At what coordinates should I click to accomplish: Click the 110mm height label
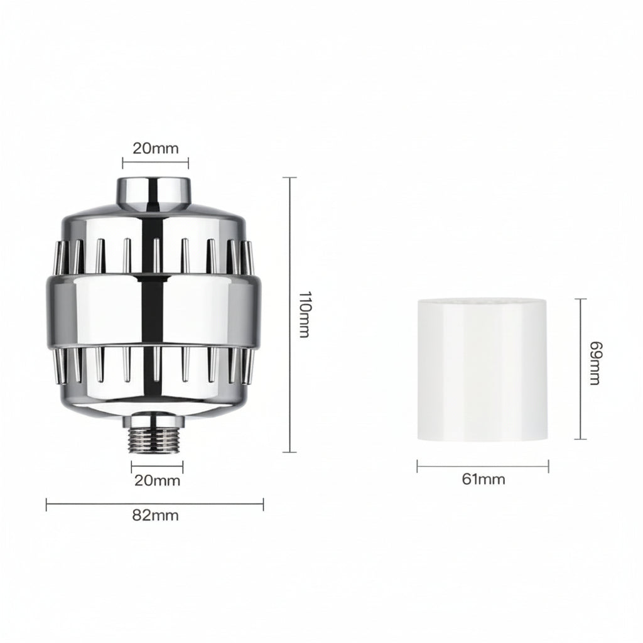(x=303, y=314)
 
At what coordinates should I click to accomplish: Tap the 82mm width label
(x=155, y=516)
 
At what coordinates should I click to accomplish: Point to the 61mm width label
(x=484, y=480)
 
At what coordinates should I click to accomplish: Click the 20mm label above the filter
(x=155, y=148)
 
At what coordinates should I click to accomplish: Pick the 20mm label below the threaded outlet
(x=157, y=481)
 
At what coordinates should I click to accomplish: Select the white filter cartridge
(x=482, y=369)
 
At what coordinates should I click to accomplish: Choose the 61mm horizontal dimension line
(x=482, y=466)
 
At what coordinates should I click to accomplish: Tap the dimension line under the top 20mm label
(x=155, y=163)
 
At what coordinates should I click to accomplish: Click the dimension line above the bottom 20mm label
(x=157, y=467)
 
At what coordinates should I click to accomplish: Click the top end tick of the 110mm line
(x=289, y=178)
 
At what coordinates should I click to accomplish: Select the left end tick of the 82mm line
(x=46, y=502)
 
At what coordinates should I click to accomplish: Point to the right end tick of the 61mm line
(x=548, y=466)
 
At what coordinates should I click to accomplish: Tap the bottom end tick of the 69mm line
(x=580, y=439)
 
